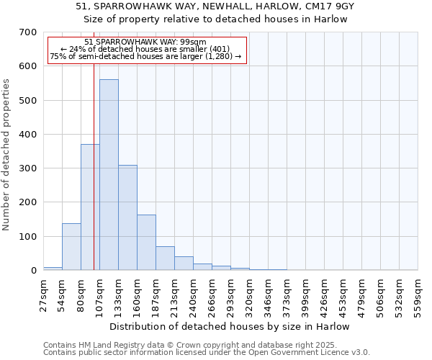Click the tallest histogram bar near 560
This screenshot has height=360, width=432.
(109, 175)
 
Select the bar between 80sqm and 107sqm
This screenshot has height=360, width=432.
(90, 207)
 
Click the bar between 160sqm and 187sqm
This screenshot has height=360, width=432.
(146, 243)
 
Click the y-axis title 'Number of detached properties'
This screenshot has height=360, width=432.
(6, 155)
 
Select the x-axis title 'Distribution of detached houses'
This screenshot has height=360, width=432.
(230, 326)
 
